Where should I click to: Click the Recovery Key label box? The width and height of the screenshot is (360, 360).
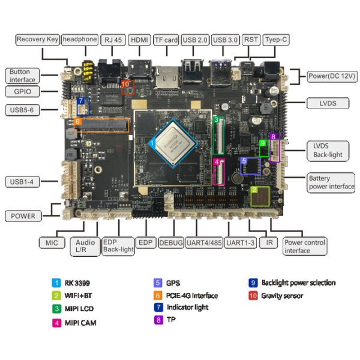pyautogui.click(x=37, y=40)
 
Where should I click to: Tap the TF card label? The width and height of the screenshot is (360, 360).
pyautogui.click(x=166, y=40)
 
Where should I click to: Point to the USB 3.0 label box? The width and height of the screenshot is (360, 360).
pyautogui.click(x=226, y=40)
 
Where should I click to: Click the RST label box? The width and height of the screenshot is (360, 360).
pyautogui.click(x=251, y=40)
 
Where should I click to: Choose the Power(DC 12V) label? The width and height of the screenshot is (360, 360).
pyautogui.click(x=332, y=76)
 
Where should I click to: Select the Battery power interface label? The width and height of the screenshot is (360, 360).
pyautogui.click(x=331, y=182)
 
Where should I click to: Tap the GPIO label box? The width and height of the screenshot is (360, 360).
pyautogui.click(x=22, y=92)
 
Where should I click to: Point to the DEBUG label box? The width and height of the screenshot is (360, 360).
pyautogui.click(x=172, y=242)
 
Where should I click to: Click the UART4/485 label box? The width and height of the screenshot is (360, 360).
pyautogui.click(x=205, y=242)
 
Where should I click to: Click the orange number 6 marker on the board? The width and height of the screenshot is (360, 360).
pyautogui.click(x=78, y=122)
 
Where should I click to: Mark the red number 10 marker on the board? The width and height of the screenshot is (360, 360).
pyautogui.click(x=125, y=85)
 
